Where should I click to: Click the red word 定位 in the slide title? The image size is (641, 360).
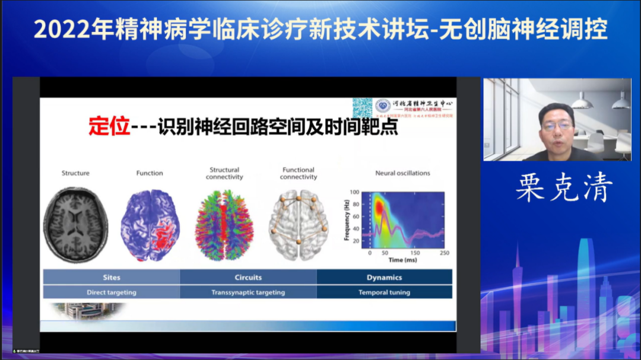(109, 127)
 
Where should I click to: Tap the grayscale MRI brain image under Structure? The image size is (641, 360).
(75, 225)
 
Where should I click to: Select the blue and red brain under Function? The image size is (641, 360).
(150, 225)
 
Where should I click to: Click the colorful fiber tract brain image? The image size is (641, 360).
(224, 225)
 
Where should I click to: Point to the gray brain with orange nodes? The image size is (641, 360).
(299, 225)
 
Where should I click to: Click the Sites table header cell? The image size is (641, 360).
(112, 277)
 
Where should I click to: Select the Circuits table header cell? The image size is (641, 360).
(248, 277)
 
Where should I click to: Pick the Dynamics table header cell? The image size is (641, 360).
(384, 277)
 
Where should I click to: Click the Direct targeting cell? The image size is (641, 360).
(112, 292)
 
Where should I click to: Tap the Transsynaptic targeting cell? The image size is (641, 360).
(248, 292)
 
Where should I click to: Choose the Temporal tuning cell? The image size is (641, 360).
(384, 292)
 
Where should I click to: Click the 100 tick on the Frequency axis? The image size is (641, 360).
(355, 192)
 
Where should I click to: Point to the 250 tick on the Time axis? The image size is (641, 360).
(445, 253)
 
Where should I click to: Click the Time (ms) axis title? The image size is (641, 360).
(404, 260)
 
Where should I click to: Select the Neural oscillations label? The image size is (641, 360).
(402, 173)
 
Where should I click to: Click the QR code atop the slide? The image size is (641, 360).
(362, 107)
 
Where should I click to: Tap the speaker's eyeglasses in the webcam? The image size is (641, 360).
(557, 126)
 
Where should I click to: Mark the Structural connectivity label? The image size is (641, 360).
(224, 173)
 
